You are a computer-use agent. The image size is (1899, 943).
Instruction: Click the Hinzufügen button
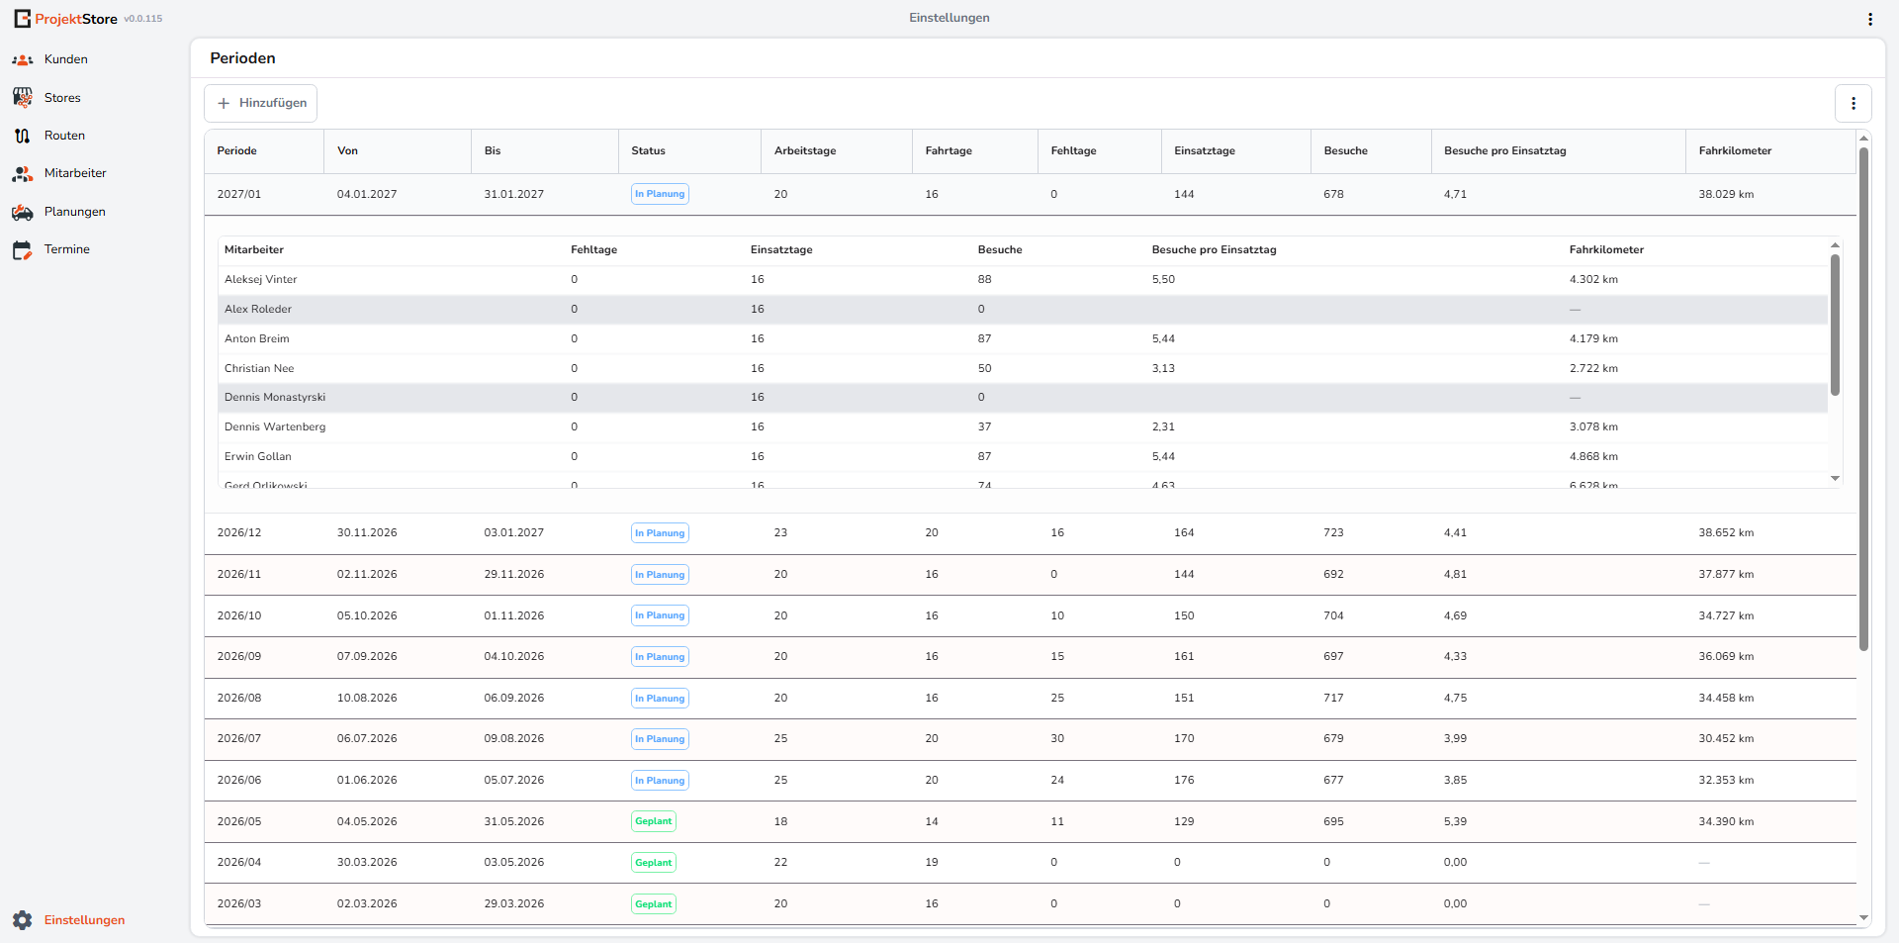point(260,103)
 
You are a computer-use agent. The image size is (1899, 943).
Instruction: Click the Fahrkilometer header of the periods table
point(1735,151)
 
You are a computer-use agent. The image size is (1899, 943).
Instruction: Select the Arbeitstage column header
point(805,151)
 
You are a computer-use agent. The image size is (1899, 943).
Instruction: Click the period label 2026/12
point(239,532)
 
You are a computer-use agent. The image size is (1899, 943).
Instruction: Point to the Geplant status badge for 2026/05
point(654,821)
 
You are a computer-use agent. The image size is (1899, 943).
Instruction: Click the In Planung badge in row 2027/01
point(660,194)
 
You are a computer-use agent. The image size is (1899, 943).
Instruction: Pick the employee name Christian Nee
point(259,368)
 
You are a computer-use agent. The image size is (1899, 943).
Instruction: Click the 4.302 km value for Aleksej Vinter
point(1593,279)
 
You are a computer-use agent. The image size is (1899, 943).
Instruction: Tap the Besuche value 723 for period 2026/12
point(1333,532)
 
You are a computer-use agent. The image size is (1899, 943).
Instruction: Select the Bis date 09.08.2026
point(514,738)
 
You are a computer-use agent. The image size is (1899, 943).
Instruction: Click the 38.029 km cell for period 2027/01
point(1726,194)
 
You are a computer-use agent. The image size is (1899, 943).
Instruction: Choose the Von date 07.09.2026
point(367,656)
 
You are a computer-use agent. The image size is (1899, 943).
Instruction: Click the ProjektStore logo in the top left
point(65,19)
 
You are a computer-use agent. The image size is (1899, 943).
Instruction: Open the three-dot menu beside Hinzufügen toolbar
point(1854,103)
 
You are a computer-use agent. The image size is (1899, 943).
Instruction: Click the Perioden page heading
point(242,58)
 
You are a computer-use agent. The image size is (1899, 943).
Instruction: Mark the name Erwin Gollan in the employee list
point(258,456)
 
